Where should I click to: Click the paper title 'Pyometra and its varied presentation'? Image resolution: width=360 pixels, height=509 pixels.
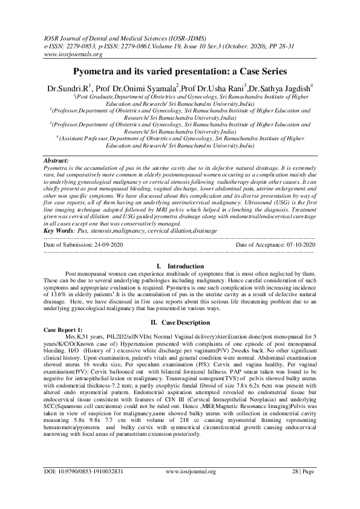point(180,71)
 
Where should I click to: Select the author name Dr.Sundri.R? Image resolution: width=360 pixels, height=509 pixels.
point(68,88)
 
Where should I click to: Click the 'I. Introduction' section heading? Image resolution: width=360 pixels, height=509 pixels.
point(180,265)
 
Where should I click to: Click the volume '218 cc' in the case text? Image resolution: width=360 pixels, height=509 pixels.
point(183,420)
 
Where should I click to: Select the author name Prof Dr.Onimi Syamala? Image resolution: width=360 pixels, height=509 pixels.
point(141,88)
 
